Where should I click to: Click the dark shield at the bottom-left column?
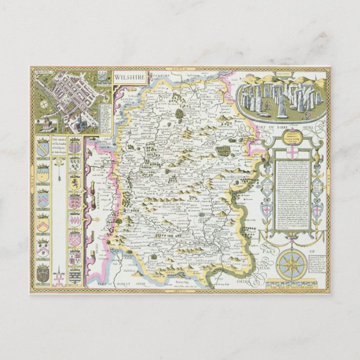pyautogui.click(x=43, y=273)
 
